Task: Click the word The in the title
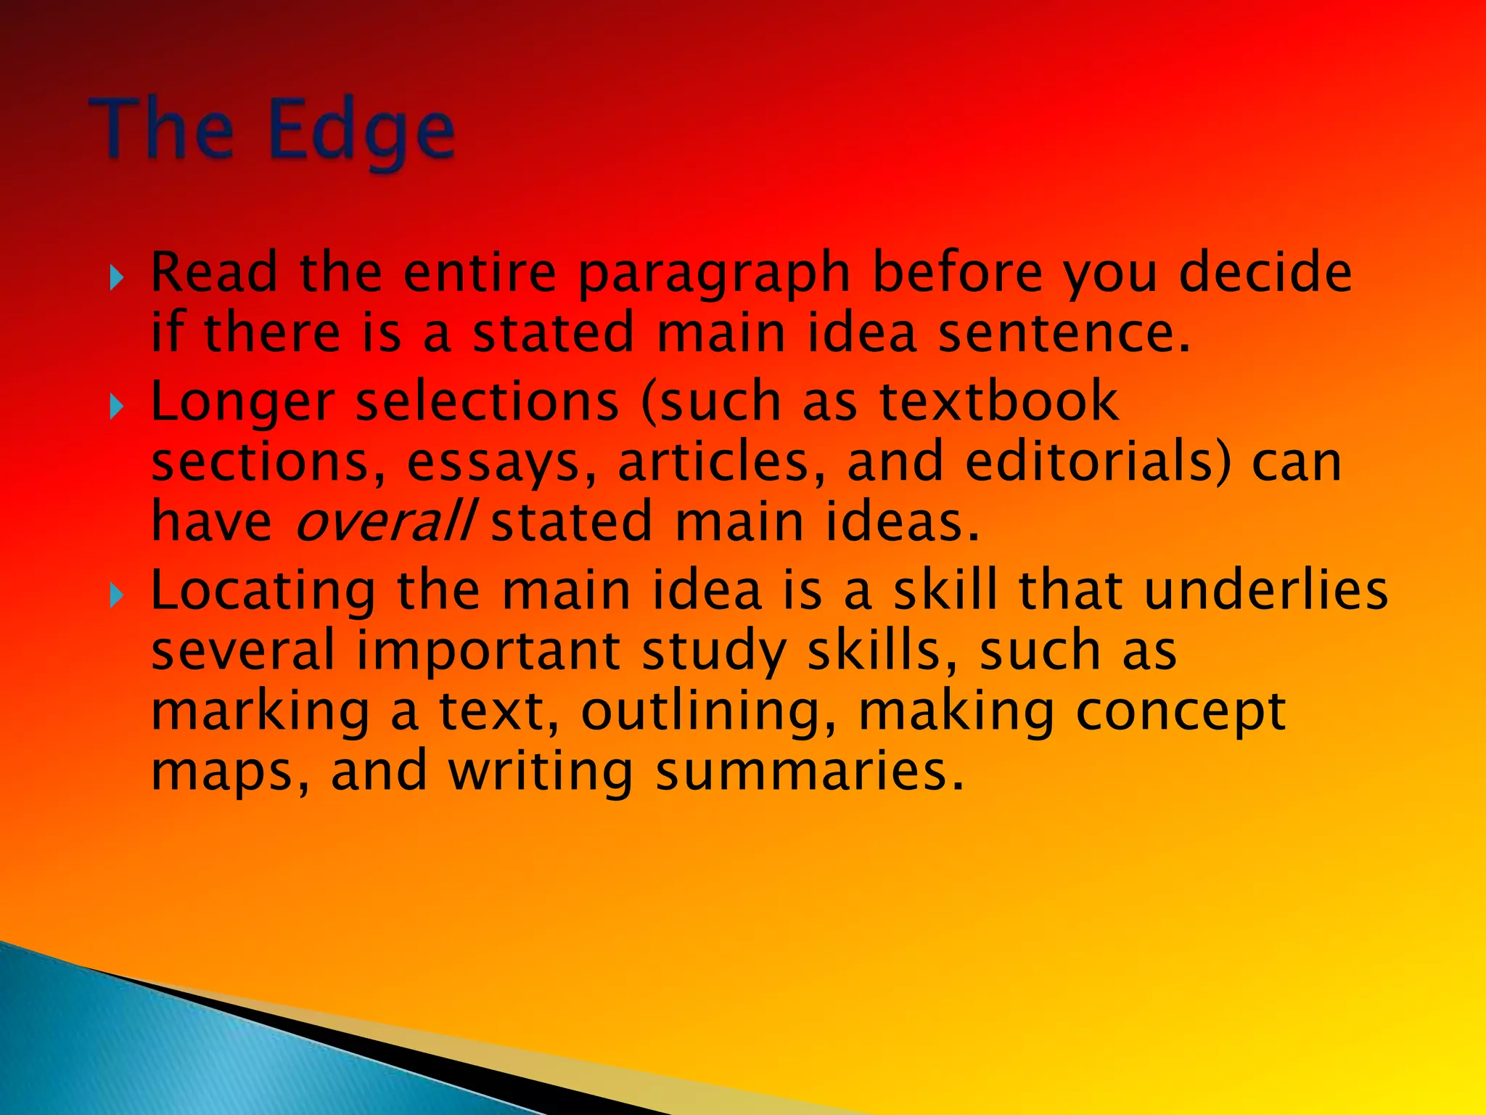(x=163, y=129)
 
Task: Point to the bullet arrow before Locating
(x=116, y=596)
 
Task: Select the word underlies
(x=1265, y=589)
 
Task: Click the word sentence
(x=1064, y=332)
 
